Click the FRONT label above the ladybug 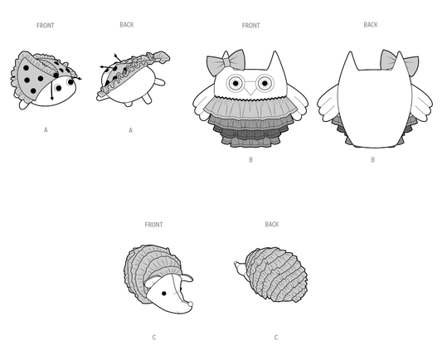point(45,26)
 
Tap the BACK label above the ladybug point(127,25)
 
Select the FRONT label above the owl point(251,26)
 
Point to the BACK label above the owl point(371,25)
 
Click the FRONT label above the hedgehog point(153,225)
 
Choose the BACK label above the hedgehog point(272,224)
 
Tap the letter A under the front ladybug point(46,129)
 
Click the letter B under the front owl point(251,160)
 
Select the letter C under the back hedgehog point(276,337)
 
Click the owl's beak point(250,90)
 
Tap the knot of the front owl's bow point(227,62)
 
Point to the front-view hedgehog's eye point(164,294)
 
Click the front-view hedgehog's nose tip point(191,304)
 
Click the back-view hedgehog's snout point(239,266)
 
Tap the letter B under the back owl point(372,160)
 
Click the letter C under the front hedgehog point(154,337)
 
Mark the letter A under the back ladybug point(130,130)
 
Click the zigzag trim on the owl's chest point(251,98)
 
